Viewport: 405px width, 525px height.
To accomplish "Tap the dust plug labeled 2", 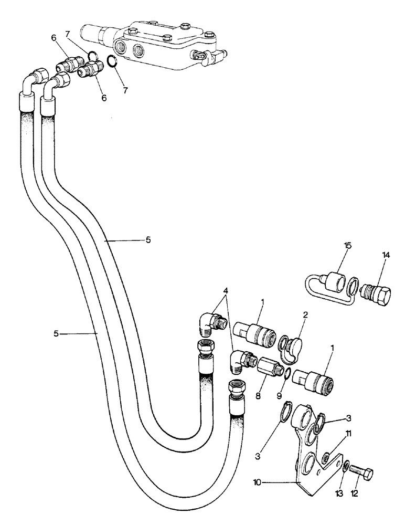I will [289, 348].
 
